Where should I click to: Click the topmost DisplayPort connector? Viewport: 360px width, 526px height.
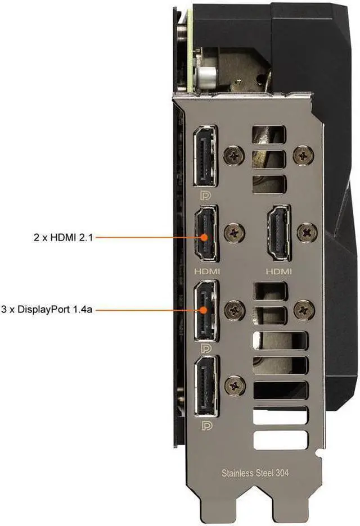click(x=205, y=156)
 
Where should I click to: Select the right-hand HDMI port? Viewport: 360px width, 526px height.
click(x=279, y=233)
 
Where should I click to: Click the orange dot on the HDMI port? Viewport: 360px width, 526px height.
click(x=204, y=238)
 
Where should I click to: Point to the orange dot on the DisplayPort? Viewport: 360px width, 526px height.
click(x=203, y=310)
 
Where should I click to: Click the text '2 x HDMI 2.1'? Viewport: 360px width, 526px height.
click(x=63, y=238)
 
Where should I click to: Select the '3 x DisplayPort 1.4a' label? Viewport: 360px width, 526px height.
click(x=46, y=309)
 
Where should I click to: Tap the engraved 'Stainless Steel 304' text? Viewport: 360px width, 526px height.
click(x=255, y=473)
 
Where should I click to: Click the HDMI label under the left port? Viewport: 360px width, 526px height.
click(x=207, y=271)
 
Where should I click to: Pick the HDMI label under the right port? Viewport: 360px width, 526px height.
click(x=279, y=271)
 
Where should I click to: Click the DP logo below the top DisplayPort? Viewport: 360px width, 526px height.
click(x=205, y=195)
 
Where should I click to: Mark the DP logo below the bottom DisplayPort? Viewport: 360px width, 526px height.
click(x=207, y=426)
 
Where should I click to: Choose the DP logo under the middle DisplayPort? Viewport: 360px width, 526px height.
click(x=206, y=348)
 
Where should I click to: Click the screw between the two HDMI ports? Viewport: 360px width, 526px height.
click(x=234, y=232)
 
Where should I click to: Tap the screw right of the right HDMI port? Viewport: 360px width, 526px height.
click(x=307, y=232)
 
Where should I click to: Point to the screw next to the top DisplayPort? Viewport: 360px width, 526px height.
click(x=234, y=156)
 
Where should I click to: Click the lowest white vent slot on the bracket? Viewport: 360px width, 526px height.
click(x=281, y=440)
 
